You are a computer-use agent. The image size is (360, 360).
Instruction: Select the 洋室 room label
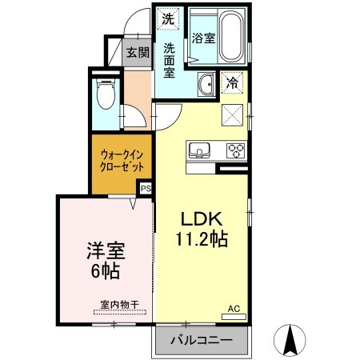coord(103,250)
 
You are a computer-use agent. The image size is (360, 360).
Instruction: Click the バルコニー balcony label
coord(202,340)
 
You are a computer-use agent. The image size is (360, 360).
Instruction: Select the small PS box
coord(146,189)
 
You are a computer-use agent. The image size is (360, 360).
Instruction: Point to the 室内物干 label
coord(119,305)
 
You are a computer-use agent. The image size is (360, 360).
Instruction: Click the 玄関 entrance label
coord(138,53)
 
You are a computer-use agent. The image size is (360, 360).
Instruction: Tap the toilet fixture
coord(104,95)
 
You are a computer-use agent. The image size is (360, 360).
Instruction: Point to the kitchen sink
coord(198,149)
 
